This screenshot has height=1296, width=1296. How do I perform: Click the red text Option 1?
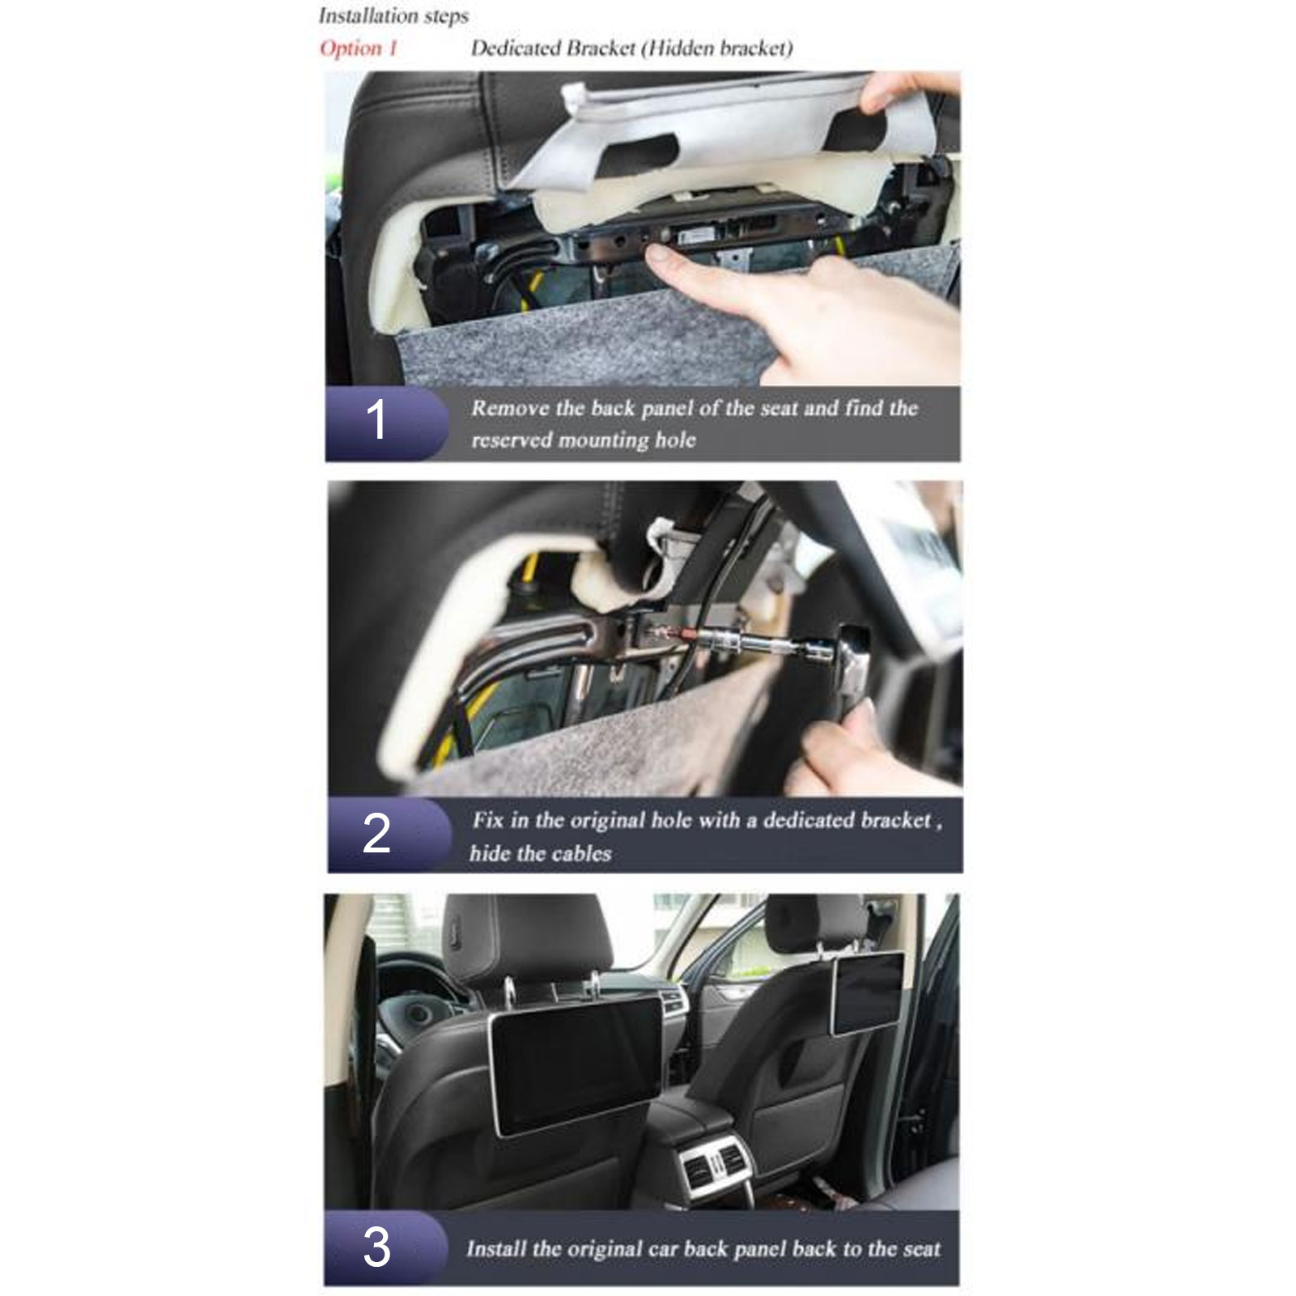point(359,49)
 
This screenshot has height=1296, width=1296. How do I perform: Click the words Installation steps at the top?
point(393,15)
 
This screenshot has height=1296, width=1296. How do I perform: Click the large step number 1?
point(376,421)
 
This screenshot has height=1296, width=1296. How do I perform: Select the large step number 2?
point(376,833)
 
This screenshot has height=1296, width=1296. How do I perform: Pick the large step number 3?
point(376,1247)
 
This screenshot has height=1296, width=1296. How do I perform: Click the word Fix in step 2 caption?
point(488,820)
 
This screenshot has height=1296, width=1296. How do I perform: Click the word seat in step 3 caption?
point(921,1248)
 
